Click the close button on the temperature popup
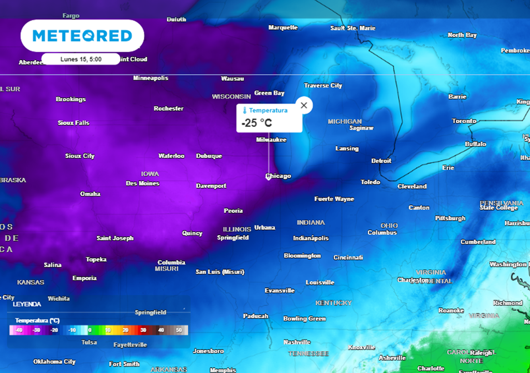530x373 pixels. coord(304,105)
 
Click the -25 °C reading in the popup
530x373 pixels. coord(257,123)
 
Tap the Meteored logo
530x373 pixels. coord(82,36)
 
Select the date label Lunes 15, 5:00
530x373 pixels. coord(81,59)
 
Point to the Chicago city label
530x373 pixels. coord(278,176)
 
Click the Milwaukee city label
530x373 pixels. coord(271,140)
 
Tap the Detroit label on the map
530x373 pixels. coord(381,161)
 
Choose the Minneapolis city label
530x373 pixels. coord(151,78)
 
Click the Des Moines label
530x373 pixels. coord(142,183)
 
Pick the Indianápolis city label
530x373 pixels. coord(311,238)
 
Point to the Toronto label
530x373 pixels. coord(464,121)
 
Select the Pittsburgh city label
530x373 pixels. coord(450,218)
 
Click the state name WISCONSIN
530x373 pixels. coord(231,97)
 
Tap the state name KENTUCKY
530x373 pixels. coord(333,303)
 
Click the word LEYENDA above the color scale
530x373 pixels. coord(27,304)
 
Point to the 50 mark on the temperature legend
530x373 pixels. coord(179,330)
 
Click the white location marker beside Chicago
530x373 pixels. coord(268,177)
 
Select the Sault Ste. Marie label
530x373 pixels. coord(352,28)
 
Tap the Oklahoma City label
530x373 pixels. coord(54,362)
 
